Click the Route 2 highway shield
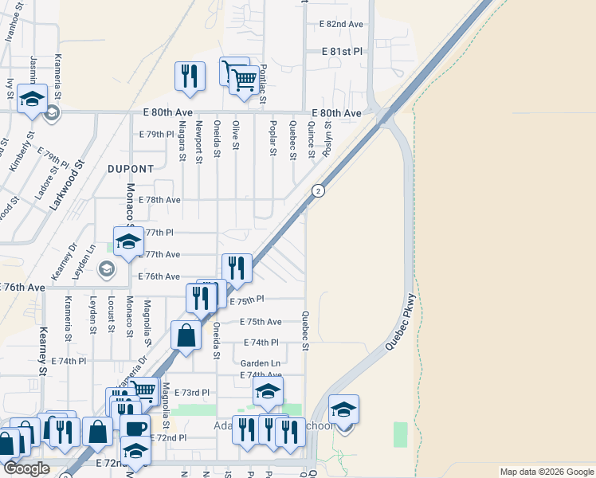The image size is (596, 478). click(318, 190)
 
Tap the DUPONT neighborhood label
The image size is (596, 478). click(131, 169)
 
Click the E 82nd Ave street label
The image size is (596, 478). click(341, 25)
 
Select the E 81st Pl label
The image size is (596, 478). click(342, 51)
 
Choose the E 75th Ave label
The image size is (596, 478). click(261, 322)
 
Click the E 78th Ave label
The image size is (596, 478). click(159, 200)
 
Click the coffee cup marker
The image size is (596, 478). click(135, 428)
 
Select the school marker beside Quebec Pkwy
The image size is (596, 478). click(343, 409)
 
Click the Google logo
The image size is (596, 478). click(25, 468)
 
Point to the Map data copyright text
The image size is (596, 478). click(546, 472)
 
